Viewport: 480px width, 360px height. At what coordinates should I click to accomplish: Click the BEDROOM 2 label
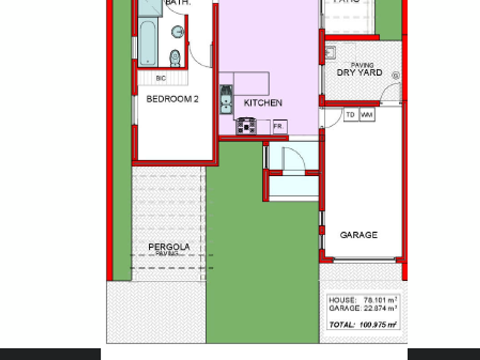click(x=172, y=99)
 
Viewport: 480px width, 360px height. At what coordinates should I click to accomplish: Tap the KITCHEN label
click(x=263, y=103)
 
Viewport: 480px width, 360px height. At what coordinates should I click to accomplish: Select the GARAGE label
click(x=359, y=235)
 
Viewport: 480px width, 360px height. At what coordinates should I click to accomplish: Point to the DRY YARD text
click(x=359, y=73)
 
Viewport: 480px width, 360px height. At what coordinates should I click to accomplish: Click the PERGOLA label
click(x=169, y=247)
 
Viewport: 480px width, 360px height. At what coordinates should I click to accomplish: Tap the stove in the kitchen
click(x=246, y=127)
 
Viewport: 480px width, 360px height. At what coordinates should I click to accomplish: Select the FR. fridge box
click(x=279, y=127)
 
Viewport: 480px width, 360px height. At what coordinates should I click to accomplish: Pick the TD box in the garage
click(x=350, y=114)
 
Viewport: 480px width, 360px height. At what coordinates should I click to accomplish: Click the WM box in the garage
click(x=367, y=114)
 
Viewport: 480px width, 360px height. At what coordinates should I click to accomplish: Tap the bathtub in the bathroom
click(x=148, y=44)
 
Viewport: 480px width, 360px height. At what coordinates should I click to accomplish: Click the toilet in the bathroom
click(x=175, y=58)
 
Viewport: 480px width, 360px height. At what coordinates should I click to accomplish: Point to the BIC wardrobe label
click(x=160, y=78)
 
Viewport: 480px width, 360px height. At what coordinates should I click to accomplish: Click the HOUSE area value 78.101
click(x=376, y=299)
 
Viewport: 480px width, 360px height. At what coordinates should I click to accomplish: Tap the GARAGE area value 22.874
click(x=376, y=308)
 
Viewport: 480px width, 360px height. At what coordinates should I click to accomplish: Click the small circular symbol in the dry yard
click(x=395, y=76)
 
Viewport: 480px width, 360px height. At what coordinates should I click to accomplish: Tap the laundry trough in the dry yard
click(x=331, y=53)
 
